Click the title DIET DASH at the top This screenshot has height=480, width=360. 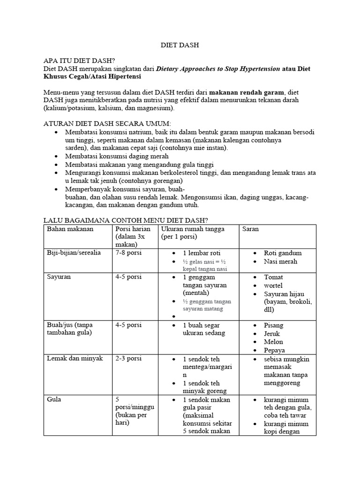180,45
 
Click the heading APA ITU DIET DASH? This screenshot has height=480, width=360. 79,61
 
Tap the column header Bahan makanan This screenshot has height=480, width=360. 70,229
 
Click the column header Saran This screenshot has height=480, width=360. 250,229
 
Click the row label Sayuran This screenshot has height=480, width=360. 59,277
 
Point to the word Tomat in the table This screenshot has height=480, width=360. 273,277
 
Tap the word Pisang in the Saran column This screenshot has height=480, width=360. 274,325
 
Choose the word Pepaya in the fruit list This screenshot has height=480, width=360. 274,350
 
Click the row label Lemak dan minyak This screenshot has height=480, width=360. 75,359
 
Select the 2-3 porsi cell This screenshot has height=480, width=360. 128,359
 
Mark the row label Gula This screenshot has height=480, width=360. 54,400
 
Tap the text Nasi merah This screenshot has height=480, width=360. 280,262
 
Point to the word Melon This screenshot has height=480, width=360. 274,342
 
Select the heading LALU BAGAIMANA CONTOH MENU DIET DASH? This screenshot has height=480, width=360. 125,220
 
